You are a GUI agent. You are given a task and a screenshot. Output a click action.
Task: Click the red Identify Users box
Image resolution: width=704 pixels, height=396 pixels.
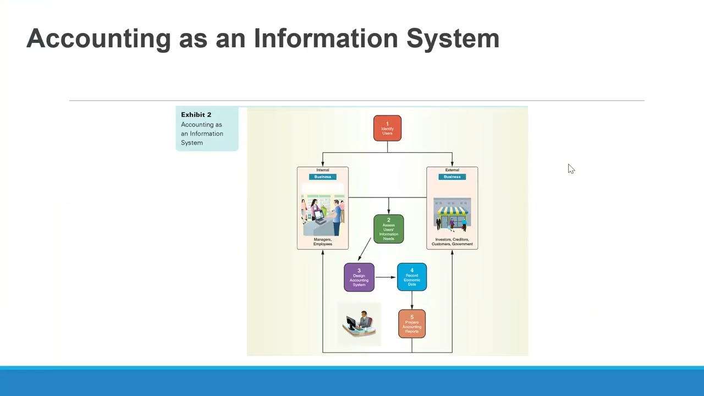[x=387, y=128]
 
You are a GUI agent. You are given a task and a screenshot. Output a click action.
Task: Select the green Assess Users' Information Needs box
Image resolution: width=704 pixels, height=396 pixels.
[x=388, y=229]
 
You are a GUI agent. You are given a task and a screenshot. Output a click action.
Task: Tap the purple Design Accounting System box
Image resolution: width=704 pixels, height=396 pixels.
[x=359, y=277]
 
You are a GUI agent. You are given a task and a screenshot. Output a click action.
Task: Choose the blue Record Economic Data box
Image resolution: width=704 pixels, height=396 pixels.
[x=411, y=277]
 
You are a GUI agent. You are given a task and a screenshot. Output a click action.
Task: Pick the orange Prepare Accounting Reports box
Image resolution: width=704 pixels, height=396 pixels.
[x=411, y=324]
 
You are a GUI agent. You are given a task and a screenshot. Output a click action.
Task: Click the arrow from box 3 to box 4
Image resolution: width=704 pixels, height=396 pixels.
[x=386, y=277]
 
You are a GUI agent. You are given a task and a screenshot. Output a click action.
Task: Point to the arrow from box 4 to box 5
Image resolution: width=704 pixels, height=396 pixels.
[x=411, y=300]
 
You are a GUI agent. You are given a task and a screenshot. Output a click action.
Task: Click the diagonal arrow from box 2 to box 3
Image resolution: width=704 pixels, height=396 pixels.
[x=365, y=249]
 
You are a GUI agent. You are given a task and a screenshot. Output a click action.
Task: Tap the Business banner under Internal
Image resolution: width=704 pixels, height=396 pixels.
[x=322, y=177]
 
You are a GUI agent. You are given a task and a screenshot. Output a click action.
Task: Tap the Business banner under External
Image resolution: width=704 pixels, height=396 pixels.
[x=452, y=177]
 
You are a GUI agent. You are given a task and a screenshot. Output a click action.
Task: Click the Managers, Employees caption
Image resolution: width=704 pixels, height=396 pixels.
[x=322, y=241]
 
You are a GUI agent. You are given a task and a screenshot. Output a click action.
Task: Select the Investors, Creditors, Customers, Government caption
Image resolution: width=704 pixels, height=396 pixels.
[x=452, y=241]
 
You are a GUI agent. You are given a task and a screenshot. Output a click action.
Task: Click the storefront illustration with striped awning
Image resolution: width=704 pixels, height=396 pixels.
[x=452, y=214]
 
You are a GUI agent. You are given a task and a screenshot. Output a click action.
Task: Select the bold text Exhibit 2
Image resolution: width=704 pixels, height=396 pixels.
[x=196, y=114]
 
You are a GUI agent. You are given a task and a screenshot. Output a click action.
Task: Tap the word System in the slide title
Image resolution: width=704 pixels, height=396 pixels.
[x=452, y=38]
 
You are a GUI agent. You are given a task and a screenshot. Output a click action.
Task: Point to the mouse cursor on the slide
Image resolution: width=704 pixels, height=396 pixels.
[x=571, y=169]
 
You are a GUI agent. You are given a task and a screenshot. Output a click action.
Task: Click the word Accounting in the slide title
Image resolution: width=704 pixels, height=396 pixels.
[x=98, y=38]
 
